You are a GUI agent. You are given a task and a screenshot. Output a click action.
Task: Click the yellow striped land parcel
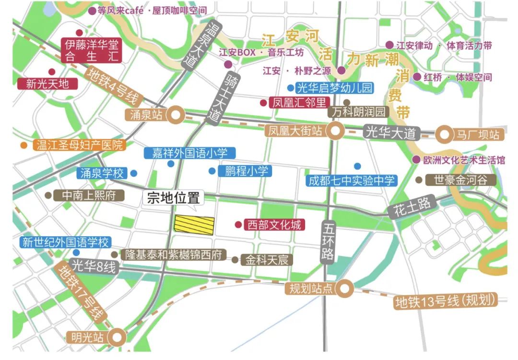[x=194, y=225]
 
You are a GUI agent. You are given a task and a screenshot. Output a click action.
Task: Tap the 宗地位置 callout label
[x=173, y=198]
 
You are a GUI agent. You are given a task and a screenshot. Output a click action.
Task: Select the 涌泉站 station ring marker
[x=178, y=115]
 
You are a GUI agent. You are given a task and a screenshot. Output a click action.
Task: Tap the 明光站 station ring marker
[x=118, y=336]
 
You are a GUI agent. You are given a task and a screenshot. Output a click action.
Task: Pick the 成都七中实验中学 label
[x=352, y=180]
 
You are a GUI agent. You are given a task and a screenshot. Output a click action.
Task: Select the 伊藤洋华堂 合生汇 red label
[x=92, y=51]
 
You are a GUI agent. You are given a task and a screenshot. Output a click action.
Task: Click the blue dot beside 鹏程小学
[x=212, y=171]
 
